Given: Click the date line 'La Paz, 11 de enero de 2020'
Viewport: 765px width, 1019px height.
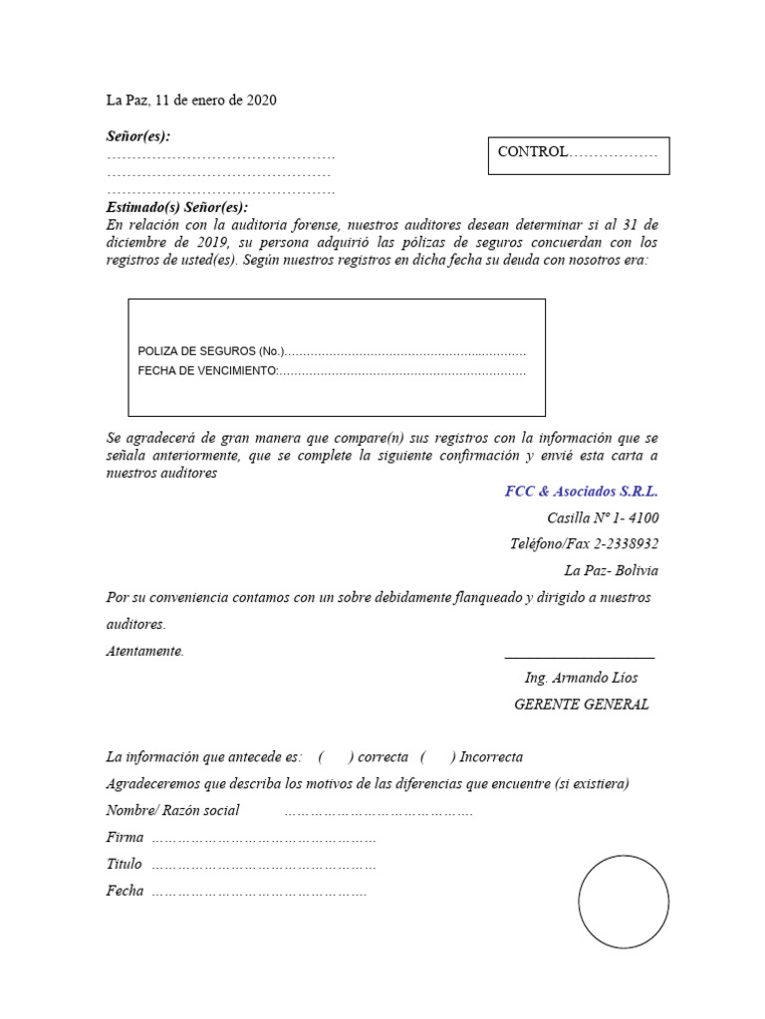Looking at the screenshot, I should [x=191, y=101].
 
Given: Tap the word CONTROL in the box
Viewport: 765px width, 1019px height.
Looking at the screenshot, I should [x=532, y=152].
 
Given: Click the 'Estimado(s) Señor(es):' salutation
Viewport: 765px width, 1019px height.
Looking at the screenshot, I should [x=176, y=208].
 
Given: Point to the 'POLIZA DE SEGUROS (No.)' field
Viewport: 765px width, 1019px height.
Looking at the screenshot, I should [x=211, y=351].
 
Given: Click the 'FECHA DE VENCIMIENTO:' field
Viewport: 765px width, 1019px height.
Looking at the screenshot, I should [x=207, y=371].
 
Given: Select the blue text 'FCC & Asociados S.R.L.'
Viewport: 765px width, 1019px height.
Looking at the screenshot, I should [x=582, y=492].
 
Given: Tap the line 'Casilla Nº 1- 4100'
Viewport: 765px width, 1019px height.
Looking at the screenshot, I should [x=603, y=518].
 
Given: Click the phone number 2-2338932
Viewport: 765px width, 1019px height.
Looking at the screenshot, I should [x=626, y=544].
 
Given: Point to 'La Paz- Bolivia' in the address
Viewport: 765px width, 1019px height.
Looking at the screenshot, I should [x=611, y=571].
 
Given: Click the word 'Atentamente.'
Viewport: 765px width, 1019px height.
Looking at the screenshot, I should [x=145, y=651].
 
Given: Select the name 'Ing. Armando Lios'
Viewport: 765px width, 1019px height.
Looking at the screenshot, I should [x=582, y=678].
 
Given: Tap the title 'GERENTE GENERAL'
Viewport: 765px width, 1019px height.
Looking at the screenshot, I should [x=581, y=705].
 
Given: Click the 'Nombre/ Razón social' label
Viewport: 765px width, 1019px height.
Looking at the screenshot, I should [x=172, y=810].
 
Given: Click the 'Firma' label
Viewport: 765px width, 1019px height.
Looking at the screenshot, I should [x=125, y=837].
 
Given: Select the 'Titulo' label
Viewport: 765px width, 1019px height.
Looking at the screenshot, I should [x=125, y=864].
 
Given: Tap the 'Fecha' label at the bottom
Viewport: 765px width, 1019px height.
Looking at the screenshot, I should [x=125, y=891].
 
